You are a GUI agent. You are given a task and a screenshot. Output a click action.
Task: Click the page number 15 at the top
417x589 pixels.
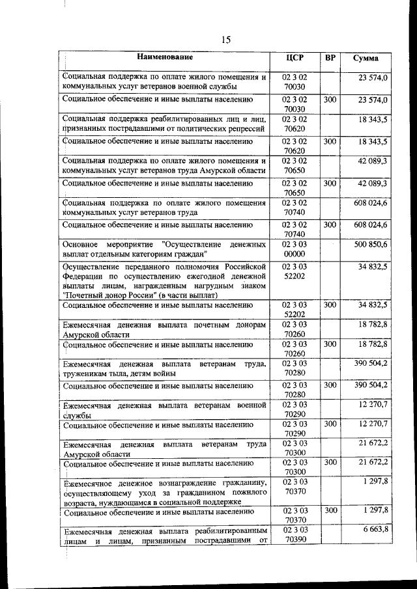tap(226, 40)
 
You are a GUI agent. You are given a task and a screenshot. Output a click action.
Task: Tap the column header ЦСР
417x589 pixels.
tap(295, 58)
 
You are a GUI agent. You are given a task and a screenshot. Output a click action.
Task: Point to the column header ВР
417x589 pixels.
tap(330, 58)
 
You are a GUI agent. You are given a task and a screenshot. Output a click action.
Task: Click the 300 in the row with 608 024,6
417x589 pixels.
tap(330, 225)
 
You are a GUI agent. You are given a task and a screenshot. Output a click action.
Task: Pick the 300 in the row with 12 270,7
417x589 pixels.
tap(330, 424)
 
